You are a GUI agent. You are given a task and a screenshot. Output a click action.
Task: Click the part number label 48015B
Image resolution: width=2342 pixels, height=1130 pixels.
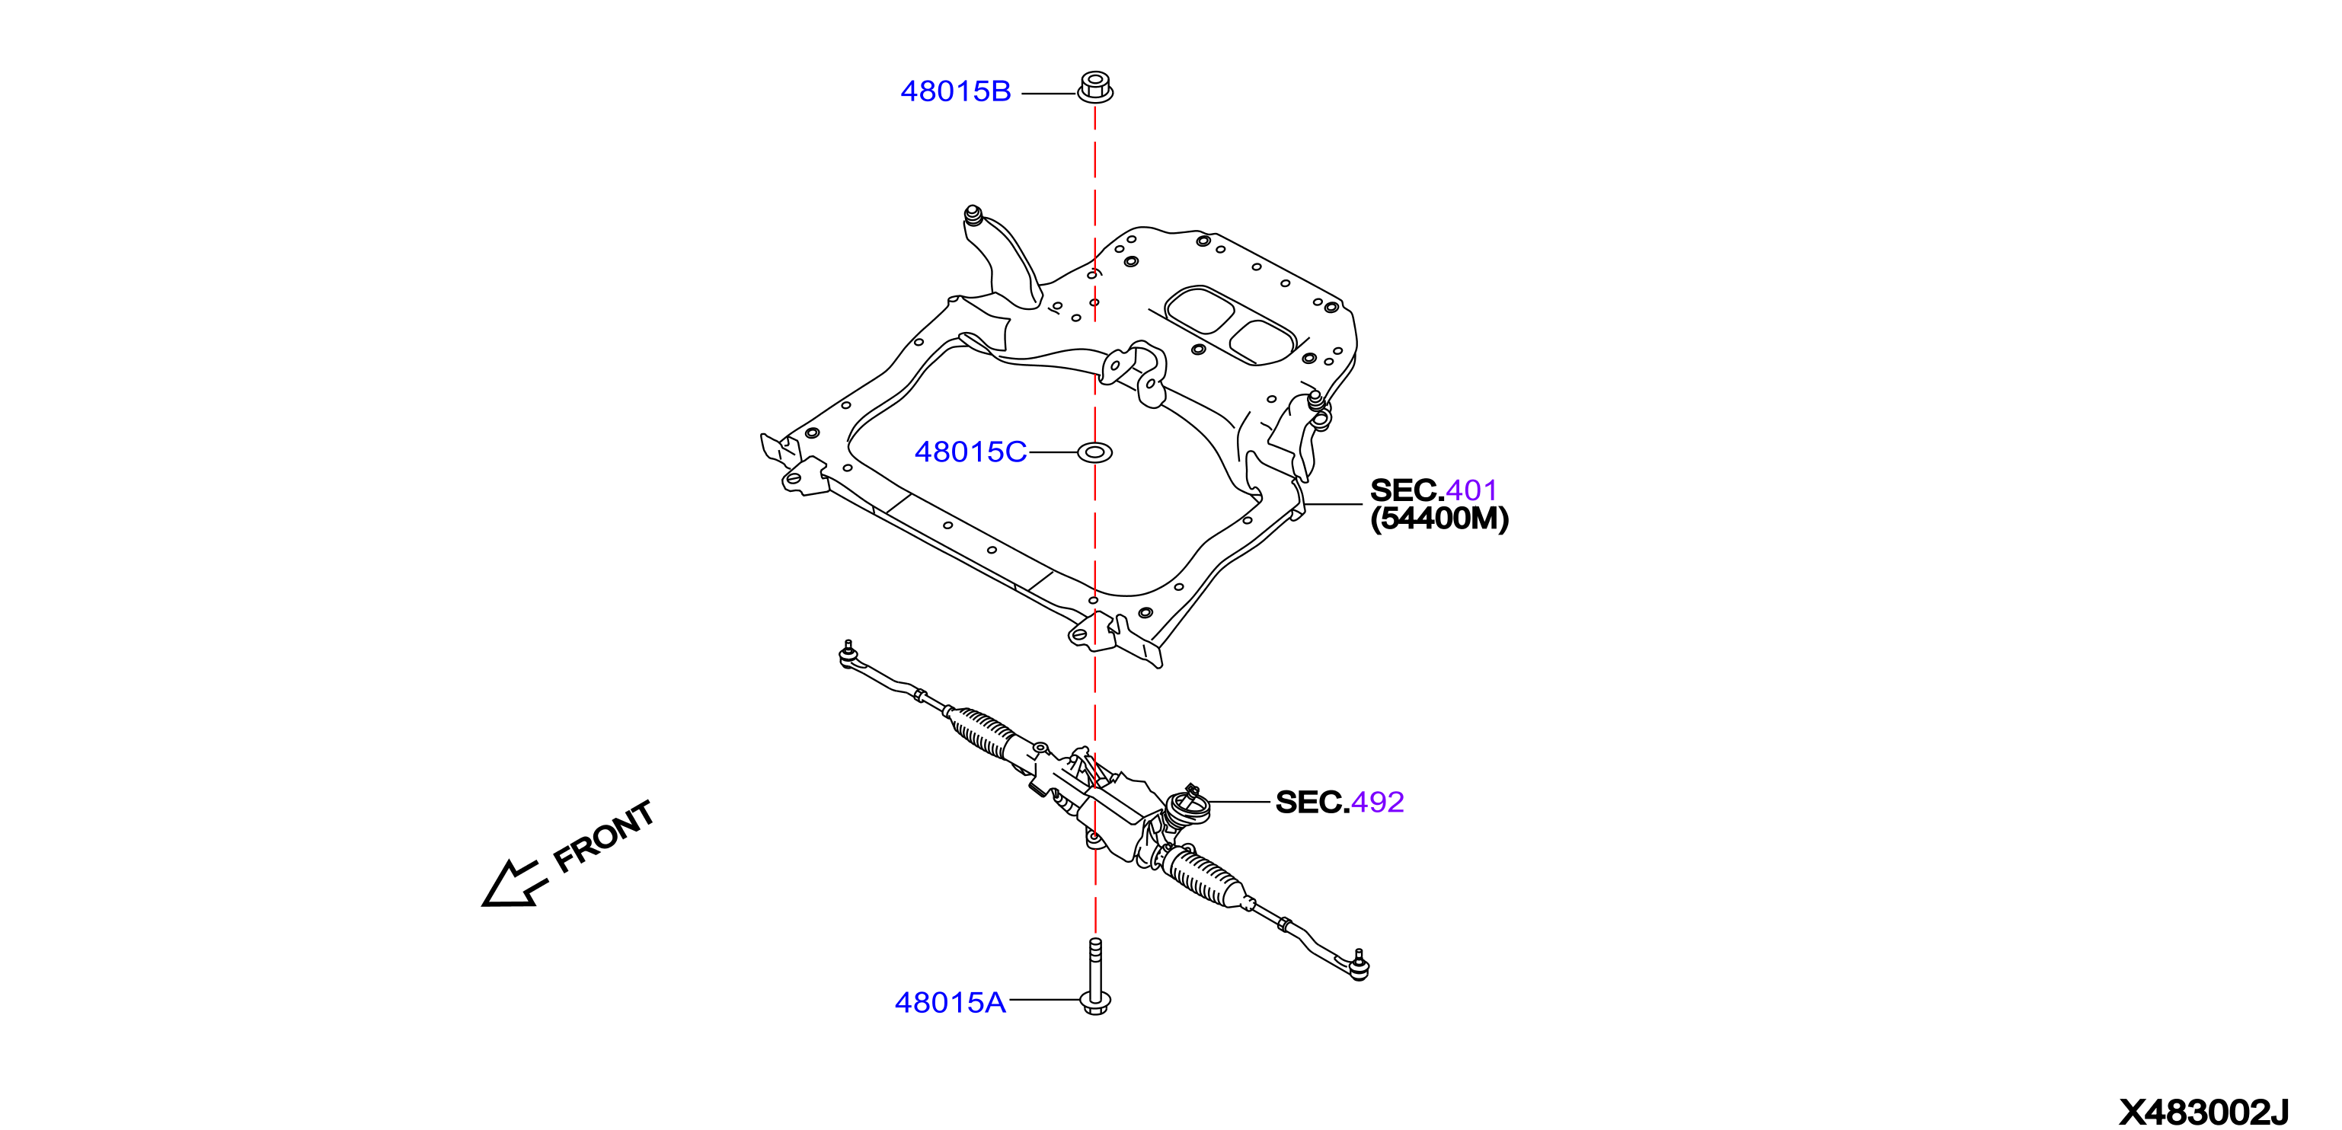[956, 92]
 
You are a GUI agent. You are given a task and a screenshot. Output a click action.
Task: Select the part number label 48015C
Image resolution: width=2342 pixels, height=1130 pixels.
[970, 452]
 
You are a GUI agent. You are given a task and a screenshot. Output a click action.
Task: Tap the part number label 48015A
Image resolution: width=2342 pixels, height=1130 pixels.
[950, 1002]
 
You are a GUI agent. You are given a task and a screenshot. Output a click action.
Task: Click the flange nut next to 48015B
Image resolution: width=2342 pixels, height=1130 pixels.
[1095, 88]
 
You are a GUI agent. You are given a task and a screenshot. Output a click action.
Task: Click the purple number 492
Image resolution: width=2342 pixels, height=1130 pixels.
[1377, 802]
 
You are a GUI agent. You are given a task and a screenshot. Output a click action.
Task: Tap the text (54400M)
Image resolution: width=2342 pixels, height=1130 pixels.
[1439, 519]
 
